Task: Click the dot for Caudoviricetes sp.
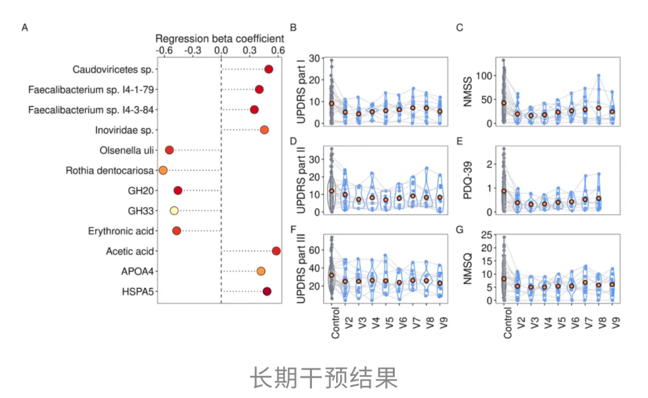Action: (269, 69)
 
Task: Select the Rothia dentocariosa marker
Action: (163, 170)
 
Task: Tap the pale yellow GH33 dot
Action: (174, 210)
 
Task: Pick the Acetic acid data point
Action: (276, 251)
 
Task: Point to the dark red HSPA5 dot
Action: (267, 291)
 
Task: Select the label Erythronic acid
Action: (121, 231)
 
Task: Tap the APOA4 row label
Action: (137, 272)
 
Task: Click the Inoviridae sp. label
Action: (122, 130)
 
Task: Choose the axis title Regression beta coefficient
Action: (219, 38)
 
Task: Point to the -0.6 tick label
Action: (163, 51)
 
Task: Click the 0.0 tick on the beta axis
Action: (221, 51)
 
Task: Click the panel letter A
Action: (25, 28)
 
